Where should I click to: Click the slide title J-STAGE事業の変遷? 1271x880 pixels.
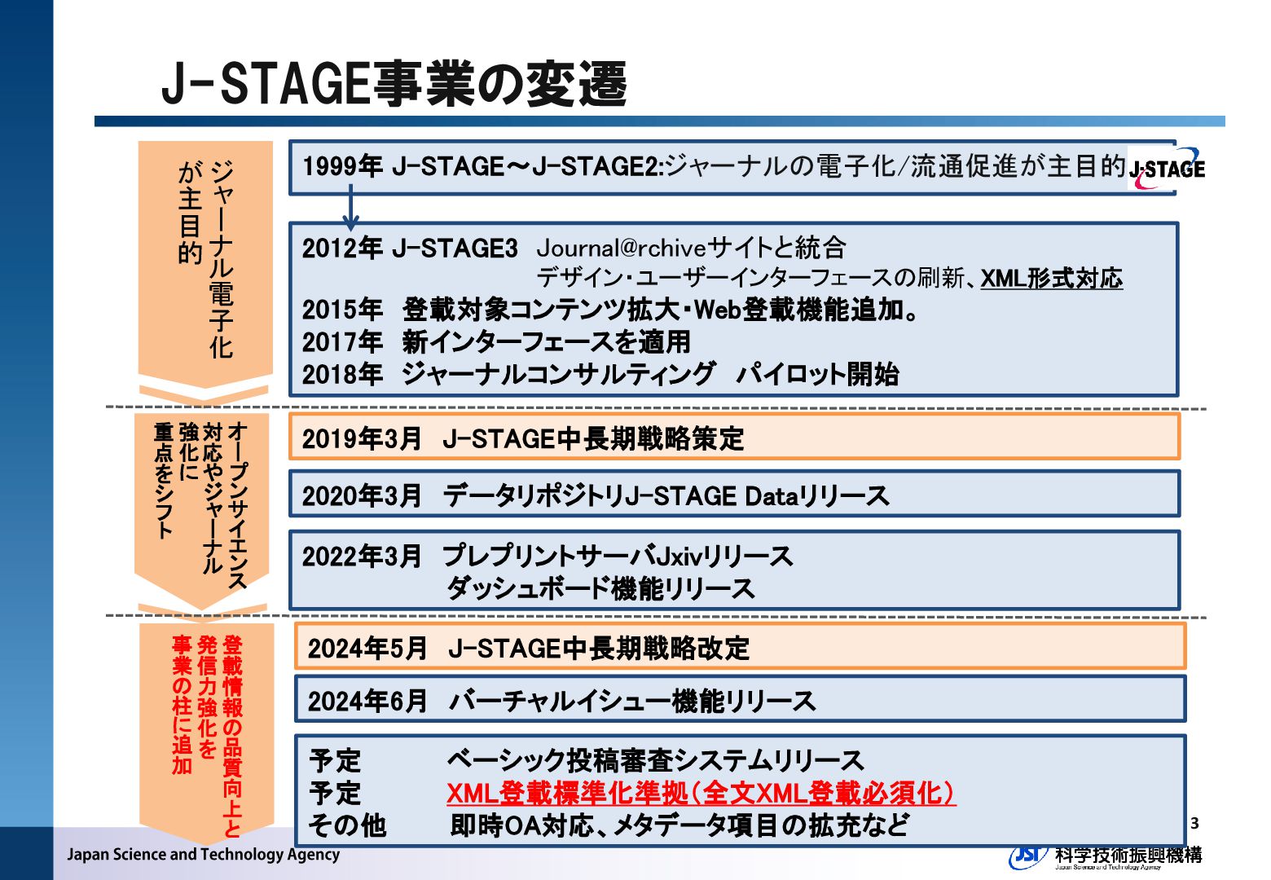394,83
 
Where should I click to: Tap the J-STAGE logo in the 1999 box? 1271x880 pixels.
1167,169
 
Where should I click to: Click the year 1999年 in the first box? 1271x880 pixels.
342,166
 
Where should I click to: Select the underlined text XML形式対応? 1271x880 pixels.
1051,279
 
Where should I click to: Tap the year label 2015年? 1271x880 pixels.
342,310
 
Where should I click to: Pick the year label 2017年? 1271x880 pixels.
342,342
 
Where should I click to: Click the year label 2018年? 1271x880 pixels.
342,375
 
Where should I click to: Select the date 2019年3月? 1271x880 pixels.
362,438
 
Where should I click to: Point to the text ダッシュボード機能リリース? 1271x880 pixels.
600,588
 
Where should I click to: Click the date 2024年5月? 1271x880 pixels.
367,649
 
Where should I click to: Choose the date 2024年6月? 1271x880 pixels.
367,701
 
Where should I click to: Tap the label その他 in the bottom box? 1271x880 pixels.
347,825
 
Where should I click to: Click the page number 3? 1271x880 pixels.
1194,823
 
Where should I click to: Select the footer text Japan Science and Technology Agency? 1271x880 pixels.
203,854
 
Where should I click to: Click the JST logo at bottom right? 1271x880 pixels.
1028,855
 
